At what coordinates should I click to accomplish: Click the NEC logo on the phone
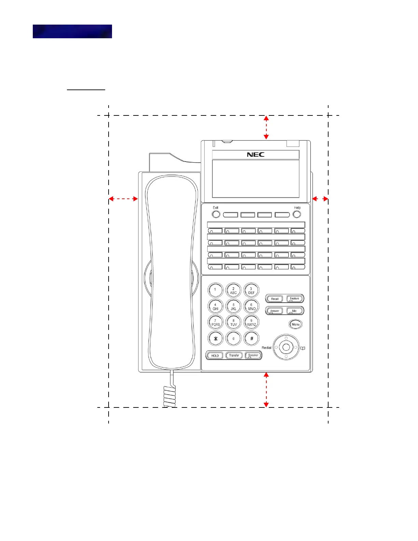point(255,154)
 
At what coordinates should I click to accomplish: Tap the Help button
point(297,214)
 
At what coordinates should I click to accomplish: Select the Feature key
point(295,299)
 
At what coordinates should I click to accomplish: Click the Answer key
point(275,311)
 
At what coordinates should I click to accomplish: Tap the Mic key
point(295,311)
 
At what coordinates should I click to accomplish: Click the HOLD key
point(215,356)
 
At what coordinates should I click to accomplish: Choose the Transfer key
point(234,356)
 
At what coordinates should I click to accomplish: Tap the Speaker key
point(253,356)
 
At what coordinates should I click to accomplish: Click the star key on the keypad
point(215,339)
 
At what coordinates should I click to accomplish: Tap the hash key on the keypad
point(252,339)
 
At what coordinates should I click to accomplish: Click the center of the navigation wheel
point(286,348)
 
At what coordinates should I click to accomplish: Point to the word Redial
point(266,348)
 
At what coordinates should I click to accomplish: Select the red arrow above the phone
point(266,127)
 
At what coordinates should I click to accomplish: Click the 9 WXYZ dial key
point(252,322)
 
